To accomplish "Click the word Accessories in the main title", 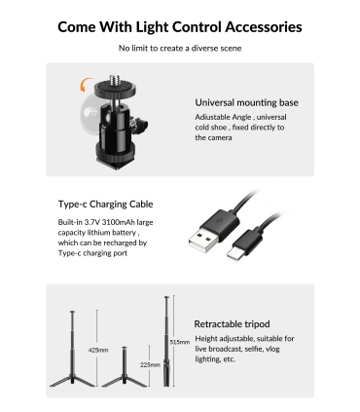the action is click(264, 27).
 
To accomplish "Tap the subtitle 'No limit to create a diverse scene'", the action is click(180, 49).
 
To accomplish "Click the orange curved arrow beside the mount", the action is click(85, 85).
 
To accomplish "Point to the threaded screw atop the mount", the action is click(115, 79).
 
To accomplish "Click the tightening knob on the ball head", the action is click(139, 124).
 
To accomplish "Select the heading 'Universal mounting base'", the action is click(246, 102).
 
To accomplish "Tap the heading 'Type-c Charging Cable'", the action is click(105, 205).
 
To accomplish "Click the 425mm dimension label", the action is click(98, 350).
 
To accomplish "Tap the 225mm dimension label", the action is click(150, 365).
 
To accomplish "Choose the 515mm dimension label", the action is click(180, 342).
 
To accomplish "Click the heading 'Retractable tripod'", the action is click(232, 324).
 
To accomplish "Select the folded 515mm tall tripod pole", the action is click(166, 341).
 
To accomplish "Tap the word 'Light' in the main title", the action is click(152, 27).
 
